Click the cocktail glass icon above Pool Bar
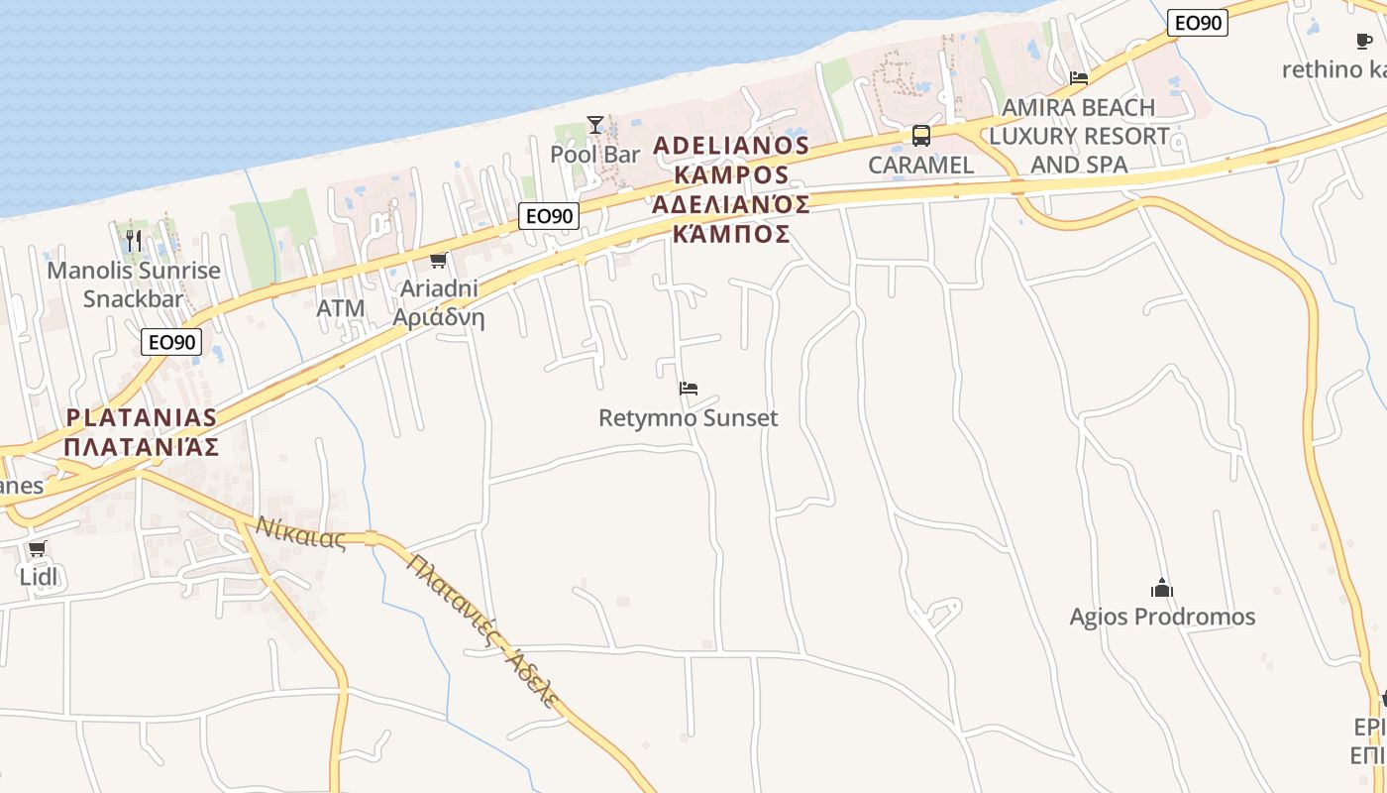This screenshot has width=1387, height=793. [x=594, y=125]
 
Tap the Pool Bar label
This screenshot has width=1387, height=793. [x=595, y=155]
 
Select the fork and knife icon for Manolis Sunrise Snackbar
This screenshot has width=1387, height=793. [x=134, y=240]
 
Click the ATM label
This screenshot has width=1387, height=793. [x=341, y=308]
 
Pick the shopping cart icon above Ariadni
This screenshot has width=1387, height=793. [x=438, y=261]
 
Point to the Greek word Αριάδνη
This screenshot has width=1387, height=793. [x=439, y=317]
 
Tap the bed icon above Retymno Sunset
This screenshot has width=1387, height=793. [x=689, y=389]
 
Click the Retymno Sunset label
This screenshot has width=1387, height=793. [x=689, y=418]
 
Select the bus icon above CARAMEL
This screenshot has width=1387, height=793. [x=921, y=136]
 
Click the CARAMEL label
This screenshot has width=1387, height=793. [x=921, y=166]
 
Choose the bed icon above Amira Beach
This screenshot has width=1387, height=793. [x=1079, y=77]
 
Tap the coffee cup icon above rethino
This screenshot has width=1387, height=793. [x=1364, y=41]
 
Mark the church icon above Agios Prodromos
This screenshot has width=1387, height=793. [x=1162, y=588]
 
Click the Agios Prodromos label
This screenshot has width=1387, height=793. [x=1162, y=617]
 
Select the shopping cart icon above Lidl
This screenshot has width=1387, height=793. [x=38, y=548]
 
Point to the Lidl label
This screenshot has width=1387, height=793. [x=38, y=576]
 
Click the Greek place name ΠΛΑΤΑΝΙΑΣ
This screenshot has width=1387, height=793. [x=142, y=446]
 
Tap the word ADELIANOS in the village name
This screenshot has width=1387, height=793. [x=732, y=146]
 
